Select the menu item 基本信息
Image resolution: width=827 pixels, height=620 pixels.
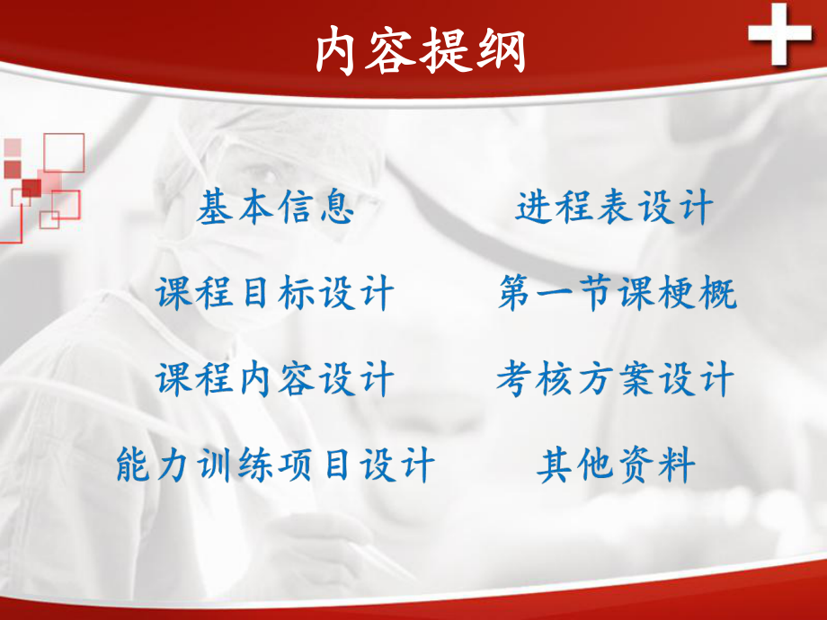pos(275,208)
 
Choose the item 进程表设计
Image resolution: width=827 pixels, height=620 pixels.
pos(614,208)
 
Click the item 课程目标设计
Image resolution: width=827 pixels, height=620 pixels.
pos(275,294)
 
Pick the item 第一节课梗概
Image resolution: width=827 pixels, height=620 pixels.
pos(617,294)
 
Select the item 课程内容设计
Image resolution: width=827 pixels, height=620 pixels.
pos(275,379)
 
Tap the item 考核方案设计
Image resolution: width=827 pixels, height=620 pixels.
pos(615,379)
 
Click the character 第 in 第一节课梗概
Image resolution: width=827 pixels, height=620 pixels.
pos(516,294)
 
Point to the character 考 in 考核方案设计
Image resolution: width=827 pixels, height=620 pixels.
pos(515,379)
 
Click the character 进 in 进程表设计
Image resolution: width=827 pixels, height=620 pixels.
pos(535,208)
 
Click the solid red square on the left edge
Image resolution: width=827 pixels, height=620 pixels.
pos(31,188)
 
